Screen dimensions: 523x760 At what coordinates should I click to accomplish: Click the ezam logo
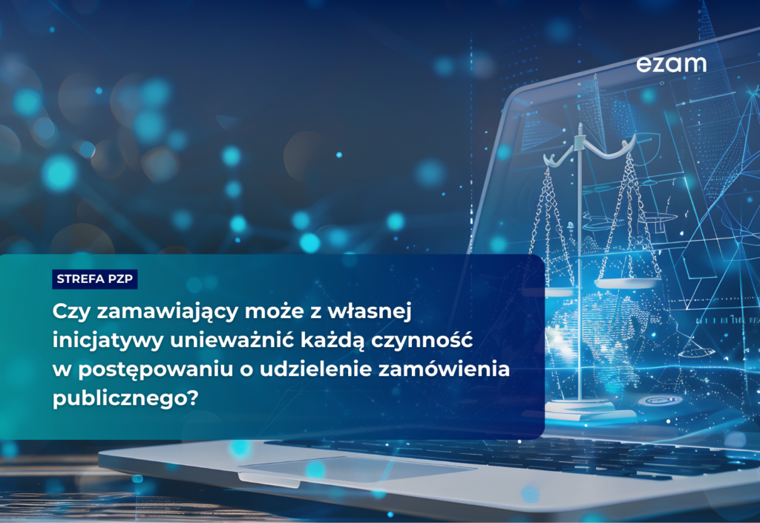point(671,64)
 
